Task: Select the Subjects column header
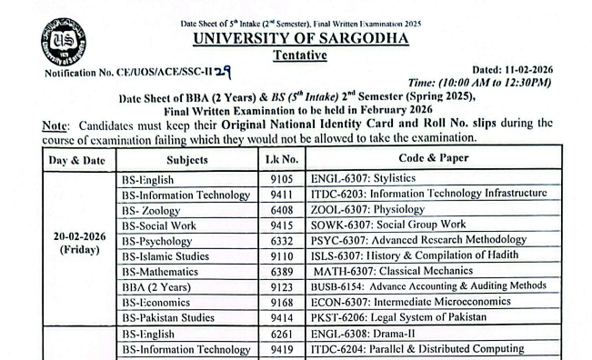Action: click(x=187, y=160)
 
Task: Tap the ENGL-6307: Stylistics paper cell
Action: click(x=363, y=179)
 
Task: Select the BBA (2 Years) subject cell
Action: click(x=159, y=286)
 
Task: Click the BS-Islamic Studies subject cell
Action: click(x=168, y=255)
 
